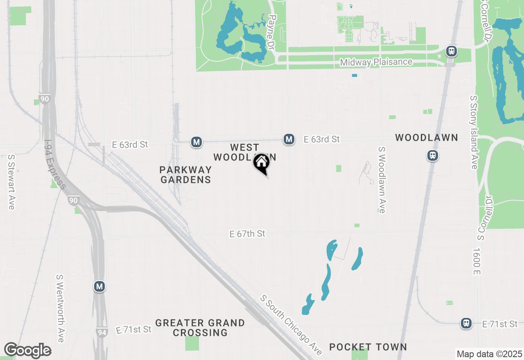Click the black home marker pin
coord(261,164)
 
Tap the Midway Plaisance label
coord(376,62)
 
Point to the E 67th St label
coord(247,234)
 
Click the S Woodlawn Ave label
coord(382,180)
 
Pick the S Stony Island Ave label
coord(474,132)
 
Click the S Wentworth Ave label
coord(61,308)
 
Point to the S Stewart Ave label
coord(11,182)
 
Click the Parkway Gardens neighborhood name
coord(185,175)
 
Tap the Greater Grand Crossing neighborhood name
coord(200,328)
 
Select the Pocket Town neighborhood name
coord(368,347)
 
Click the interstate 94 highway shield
coord(102,332)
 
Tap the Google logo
coord(27,351)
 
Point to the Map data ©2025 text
coord(489,354)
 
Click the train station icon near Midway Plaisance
coord(452,52)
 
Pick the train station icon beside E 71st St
coord(466,323)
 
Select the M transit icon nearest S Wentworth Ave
coord(99,286)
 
